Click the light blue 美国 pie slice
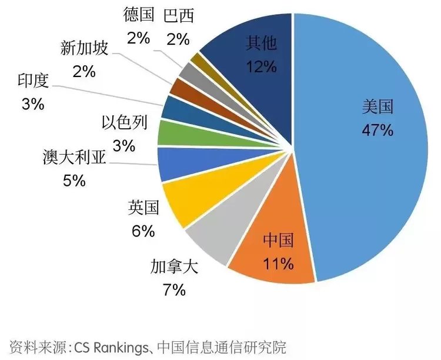(x=365, y=147)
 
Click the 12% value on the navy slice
(x=261, y=66)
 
